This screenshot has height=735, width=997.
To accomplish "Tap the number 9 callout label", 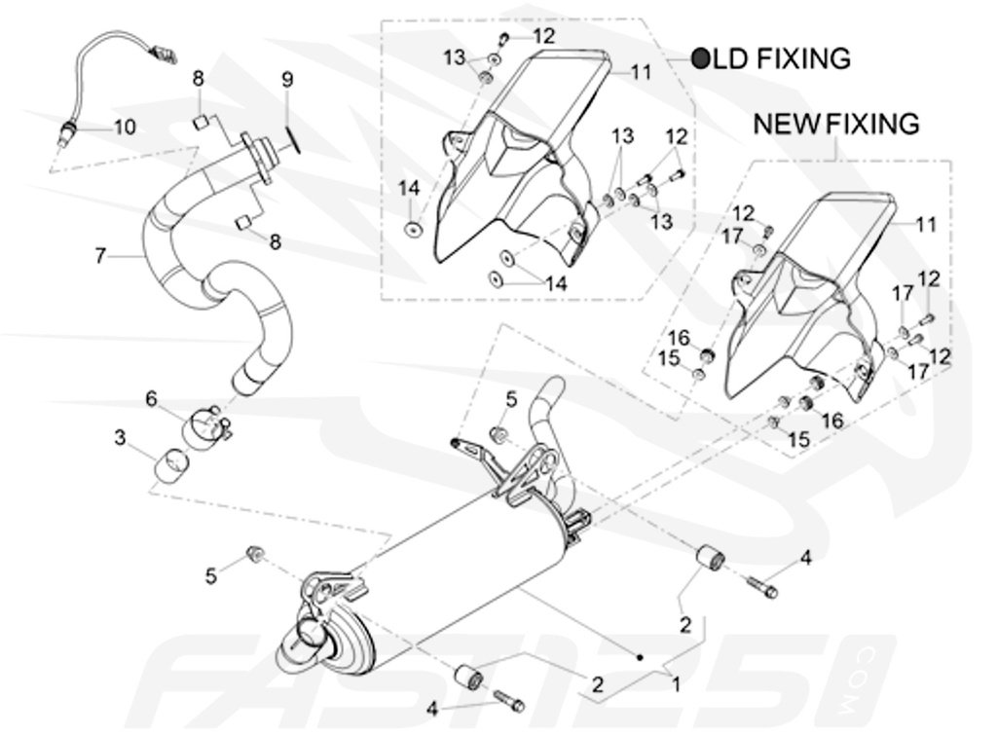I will [286, 80].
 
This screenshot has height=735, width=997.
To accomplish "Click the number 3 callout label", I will [119, 439].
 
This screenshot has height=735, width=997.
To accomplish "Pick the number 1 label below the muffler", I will [675, 684].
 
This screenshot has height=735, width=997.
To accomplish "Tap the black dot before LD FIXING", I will [701, 58].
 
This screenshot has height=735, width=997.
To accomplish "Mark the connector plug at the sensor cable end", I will [165, 54].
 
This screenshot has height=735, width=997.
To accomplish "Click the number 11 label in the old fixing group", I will [640, 72].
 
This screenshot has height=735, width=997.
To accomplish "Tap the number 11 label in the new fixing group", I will [925, 224].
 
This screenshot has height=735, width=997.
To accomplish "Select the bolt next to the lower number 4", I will [507, 698].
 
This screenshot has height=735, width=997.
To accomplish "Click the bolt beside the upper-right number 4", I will [762, 587].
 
